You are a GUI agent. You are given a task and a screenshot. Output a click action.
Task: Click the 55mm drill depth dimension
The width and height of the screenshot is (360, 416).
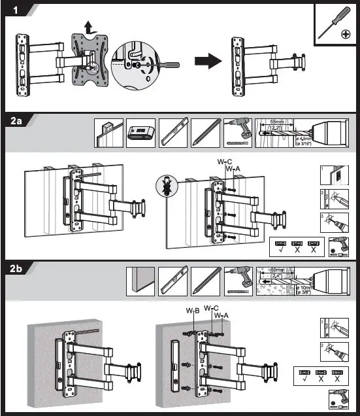[278, 122]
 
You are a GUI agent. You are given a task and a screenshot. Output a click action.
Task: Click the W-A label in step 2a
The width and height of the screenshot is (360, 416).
[233, 169]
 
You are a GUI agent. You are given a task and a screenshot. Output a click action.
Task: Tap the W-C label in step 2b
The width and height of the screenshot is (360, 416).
[210, 307]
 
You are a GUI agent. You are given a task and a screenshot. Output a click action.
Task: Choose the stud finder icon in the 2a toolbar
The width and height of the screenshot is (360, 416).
[141, 132]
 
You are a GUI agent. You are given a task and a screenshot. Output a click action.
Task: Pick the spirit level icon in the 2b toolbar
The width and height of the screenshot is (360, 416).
[173, 280]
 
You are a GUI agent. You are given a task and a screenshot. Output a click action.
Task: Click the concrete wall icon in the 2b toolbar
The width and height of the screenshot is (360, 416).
[140, 280]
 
